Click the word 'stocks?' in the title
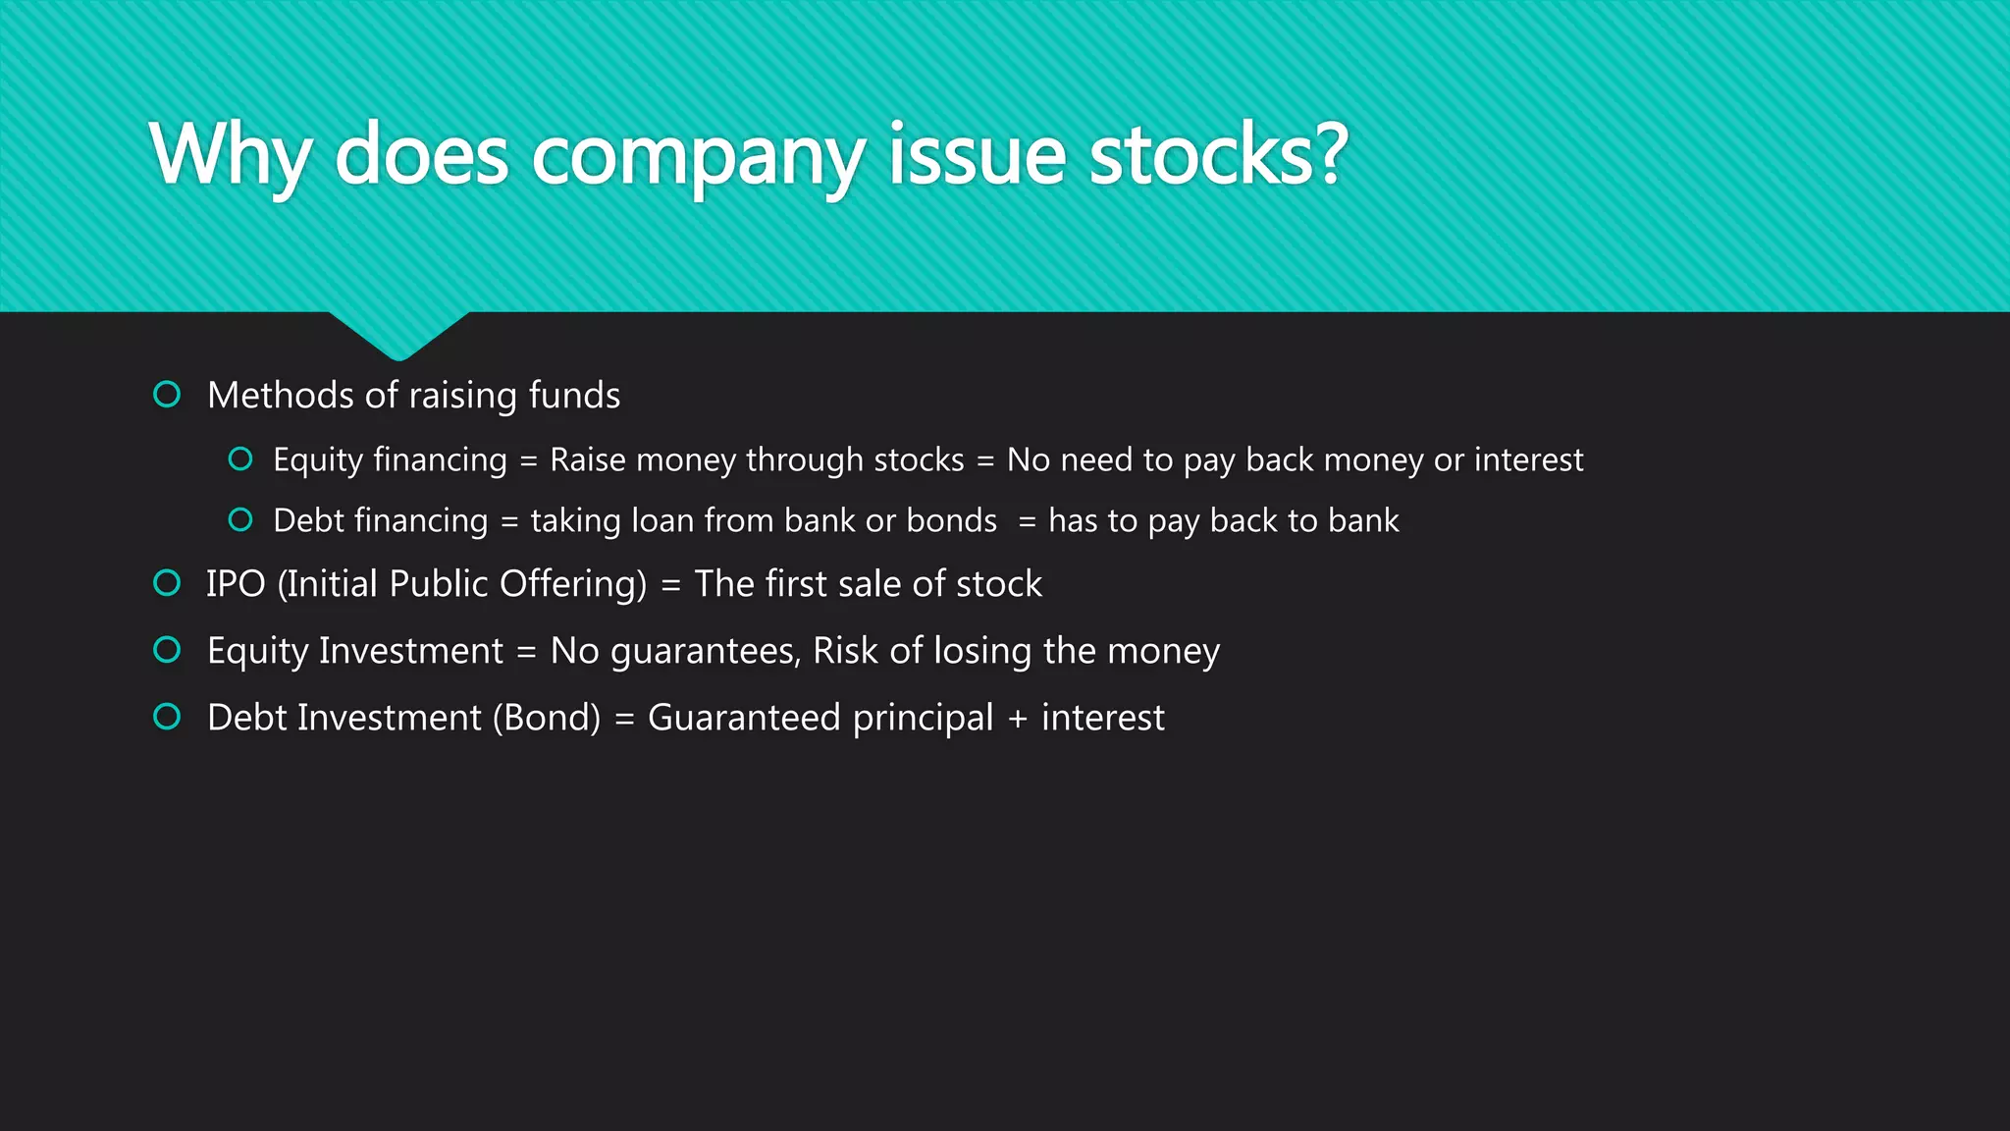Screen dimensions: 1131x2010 pyautogui.click(x=1218, y=154)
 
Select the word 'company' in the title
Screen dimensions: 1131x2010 pyautogui.click(x=698, y=157)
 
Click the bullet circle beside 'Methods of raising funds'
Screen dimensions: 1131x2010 pyautogui.click(x=167, y=395)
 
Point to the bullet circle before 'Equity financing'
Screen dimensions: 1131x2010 pyautogui.click(x=240, y=458)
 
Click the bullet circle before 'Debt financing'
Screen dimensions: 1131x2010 pyautogui.click(x=240, y=519)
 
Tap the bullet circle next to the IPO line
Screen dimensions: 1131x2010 pyautogui.click(x=167, y=583)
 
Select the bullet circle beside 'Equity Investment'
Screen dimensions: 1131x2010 pyautogui.click(x=167, y=650)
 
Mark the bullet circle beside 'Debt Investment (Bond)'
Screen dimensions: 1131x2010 pyautogui.click(x=167, y=717)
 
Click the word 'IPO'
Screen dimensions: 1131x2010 pyautogui.click(x=236, y=584)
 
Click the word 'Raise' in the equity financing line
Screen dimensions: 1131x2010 pyautogui.click(x=587, y=459)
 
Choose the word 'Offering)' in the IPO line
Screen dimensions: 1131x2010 pyautogui.click(x=573, y=585)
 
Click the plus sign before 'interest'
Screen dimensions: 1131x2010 pyautogui.click(x=1018, y=719)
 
